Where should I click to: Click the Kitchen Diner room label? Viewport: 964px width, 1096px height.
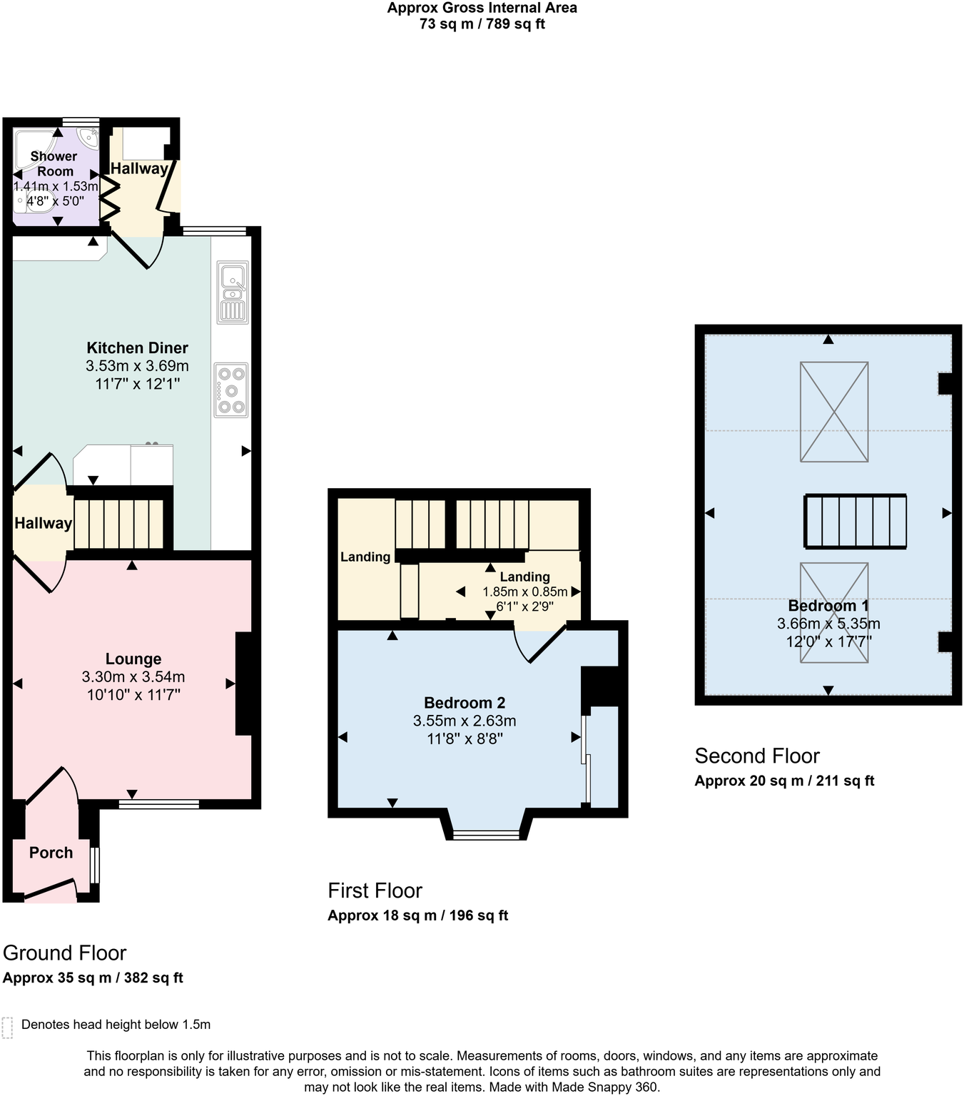click(137, 348)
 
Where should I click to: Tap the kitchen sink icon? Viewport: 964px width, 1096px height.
click(233, 293)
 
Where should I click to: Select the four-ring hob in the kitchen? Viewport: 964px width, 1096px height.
click(230, 390)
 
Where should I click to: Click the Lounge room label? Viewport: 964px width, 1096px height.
click(133, 659)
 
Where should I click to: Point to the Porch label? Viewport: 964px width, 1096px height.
click(51, 853)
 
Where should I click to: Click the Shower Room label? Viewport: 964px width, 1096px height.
click(54, 163)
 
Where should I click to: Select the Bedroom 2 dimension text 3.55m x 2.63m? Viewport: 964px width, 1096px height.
click(465, 721)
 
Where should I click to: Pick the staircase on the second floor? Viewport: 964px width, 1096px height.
click(856, 522)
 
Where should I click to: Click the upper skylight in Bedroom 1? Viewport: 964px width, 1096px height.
click(834, 412)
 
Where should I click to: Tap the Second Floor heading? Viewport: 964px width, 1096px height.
click(757, 756)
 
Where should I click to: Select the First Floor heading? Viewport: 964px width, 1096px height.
click(375, 890)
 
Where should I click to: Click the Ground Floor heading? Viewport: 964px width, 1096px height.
click(64, 953)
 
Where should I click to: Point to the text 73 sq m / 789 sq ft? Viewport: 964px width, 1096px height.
click(482, 24)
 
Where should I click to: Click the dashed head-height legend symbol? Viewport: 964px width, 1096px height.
click(8, 1027)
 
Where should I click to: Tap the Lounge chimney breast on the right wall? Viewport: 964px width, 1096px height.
click(243, 683)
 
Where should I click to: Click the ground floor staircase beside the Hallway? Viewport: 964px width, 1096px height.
click(119, 523)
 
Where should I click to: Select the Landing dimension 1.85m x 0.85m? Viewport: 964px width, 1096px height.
click(525, 592)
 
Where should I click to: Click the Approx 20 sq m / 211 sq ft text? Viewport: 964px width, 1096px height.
click(784, 781)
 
